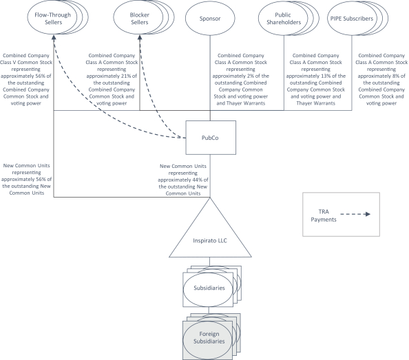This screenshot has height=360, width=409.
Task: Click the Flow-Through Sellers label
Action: point(53,19)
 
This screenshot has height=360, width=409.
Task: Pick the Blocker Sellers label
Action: point(140,19)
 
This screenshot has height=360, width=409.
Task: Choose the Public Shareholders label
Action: point(284,19)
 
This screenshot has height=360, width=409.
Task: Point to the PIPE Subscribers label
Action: point(352,19)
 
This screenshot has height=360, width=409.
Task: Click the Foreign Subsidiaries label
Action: point(209,337)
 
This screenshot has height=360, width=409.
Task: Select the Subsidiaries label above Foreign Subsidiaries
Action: point(209,288)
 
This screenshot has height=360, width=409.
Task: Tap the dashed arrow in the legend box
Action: point(355,214)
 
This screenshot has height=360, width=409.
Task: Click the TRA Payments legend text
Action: point(324,215)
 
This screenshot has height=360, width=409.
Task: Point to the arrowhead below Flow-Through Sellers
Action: point(54,38)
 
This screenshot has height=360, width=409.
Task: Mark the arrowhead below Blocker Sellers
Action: point(140,38)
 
